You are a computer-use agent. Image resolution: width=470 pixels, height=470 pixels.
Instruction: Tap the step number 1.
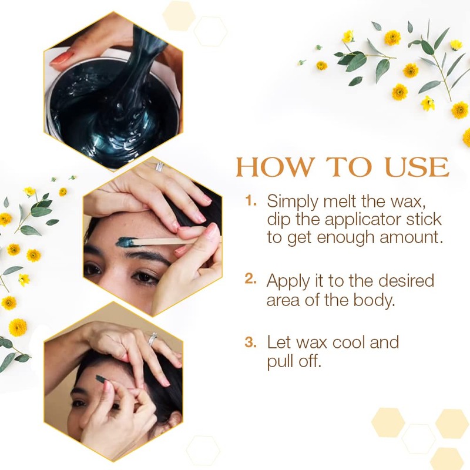(x=251, y=200)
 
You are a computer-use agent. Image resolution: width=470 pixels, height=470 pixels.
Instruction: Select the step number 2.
(x=251, y=280)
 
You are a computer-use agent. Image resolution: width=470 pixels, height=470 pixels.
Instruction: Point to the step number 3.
(x=251, y=341)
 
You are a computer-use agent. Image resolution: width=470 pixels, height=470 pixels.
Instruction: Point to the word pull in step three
(x=280, y=361)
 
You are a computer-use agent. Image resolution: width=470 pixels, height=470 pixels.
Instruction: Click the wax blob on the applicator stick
(x=126, y=241)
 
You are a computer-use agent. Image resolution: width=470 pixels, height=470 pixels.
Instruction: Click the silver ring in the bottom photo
(x=152, y=340)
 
